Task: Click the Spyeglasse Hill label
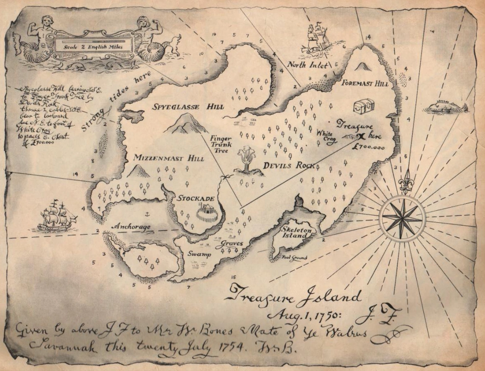[x=189, y=107]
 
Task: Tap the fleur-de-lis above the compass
[x=406, y=182]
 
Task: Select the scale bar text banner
[x=93, y=46]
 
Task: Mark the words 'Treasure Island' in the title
[x=294, y=296]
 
